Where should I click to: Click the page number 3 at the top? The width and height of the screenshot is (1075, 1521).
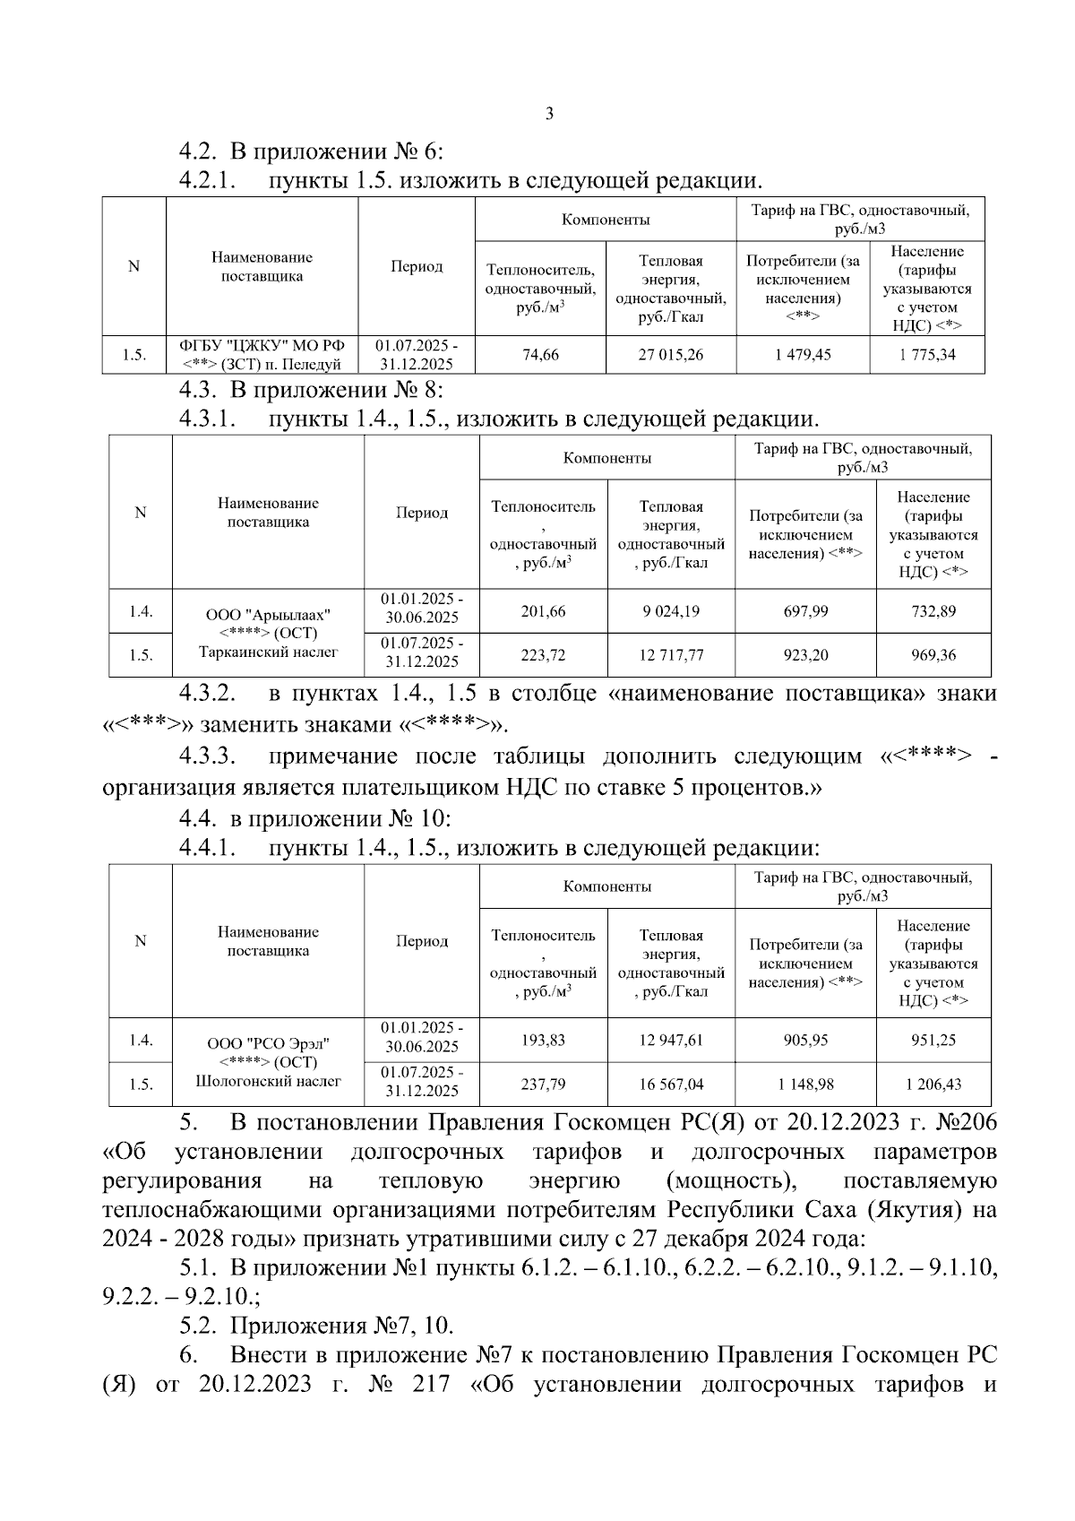tap(548, 114)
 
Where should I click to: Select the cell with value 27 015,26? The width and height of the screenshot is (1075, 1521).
tap(671, 355)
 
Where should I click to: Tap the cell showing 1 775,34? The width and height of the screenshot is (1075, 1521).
tap(927, 355)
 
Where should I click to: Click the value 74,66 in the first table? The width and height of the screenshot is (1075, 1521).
tap(540, 355)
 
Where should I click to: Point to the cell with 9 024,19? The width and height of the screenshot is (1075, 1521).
tap(671, 611)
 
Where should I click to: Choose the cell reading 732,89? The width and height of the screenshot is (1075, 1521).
tap(933, 611)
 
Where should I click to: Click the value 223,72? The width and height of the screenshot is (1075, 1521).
tap(543, 655)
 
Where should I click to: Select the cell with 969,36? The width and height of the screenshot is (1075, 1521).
tap(933, 655)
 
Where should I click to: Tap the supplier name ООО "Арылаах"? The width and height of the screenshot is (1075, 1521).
tap(268, 615)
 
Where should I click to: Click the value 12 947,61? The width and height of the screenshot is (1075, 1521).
tap(671, 1040)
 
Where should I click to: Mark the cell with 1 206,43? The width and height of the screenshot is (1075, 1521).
tap(933, 1084)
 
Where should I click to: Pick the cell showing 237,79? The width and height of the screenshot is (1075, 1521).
tap(543, 1084)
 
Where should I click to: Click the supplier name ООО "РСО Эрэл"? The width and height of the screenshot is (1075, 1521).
tap(268, 1043)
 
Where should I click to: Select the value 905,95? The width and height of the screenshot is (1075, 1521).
tap(805, 1040)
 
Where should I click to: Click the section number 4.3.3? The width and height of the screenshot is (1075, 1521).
tap(207, 756)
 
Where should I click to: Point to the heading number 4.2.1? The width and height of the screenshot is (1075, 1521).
tap(207, 181)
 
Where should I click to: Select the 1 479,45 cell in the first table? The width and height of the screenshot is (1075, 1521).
tap(803, 355)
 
